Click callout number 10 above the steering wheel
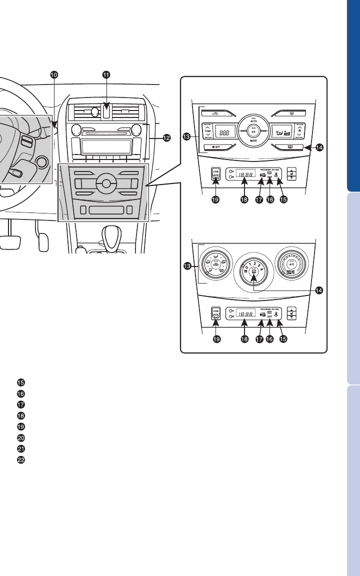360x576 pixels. [53, 74]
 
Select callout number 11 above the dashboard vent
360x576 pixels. [106, 74]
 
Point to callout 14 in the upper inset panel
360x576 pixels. [319, 147]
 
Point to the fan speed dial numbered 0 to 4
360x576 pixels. [254, 270]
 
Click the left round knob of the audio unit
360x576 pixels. [76, 130]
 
